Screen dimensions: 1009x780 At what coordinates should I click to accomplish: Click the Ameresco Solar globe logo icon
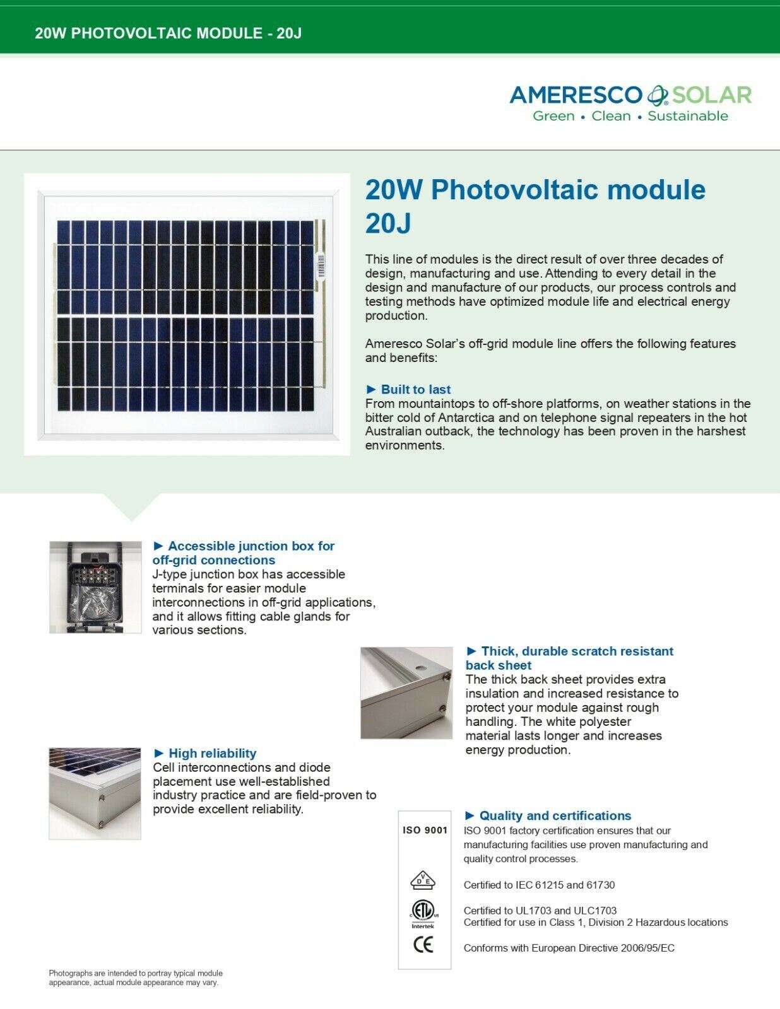tap(657, 95)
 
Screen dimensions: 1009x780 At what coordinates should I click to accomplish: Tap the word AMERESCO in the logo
tap(575, 95)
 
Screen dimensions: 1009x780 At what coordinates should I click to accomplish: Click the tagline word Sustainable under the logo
tap(688, 116)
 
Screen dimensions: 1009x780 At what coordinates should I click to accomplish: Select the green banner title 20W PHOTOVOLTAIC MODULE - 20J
tap(168, 33)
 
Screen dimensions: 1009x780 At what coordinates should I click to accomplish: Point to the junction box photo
tap(95, 587)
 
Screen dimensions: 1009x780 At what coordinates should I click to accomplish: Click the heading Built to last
tap(415, 389)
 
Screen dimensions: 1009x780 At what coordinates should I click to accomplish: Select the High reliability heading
tap(212, 753)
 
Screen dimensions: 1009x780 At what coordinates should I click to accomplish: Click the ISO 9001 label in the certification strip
tap(425, 830)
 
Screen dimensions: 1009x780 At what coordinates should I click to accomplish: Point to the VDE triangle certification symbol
tap(423, 880)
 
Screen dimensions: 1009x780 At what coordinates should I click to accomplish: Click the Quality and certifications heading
tap(555, 815)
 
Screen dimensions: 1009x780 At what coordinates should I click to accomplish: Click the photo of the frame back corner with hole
tap(406, 692)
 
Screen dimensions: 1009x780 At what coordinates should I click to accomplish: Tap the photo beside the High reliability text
tap(95, 793)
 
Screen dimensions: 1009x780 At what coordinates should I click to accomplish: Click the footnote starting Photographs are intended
tap(136, 977)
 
